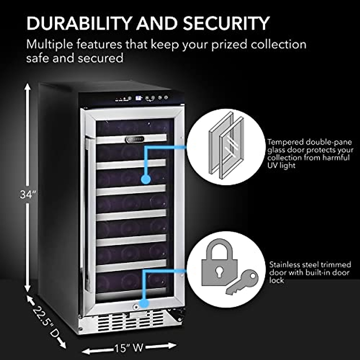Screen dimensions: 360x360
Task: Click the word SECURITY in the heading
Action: tap(226, 23)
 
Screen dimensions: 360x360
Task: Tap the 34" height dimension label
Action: tap(28, 195)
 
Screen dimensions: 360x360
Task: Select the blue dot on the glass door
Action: tap(146, 179)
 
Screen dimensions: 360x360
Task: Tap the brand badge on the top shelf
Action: tap(134, 139)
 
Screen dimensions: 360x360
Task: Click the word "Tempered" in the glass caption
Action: tap(285, 142)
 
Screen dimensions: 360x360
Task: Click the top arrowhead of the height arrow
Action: tap(28, 87)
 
